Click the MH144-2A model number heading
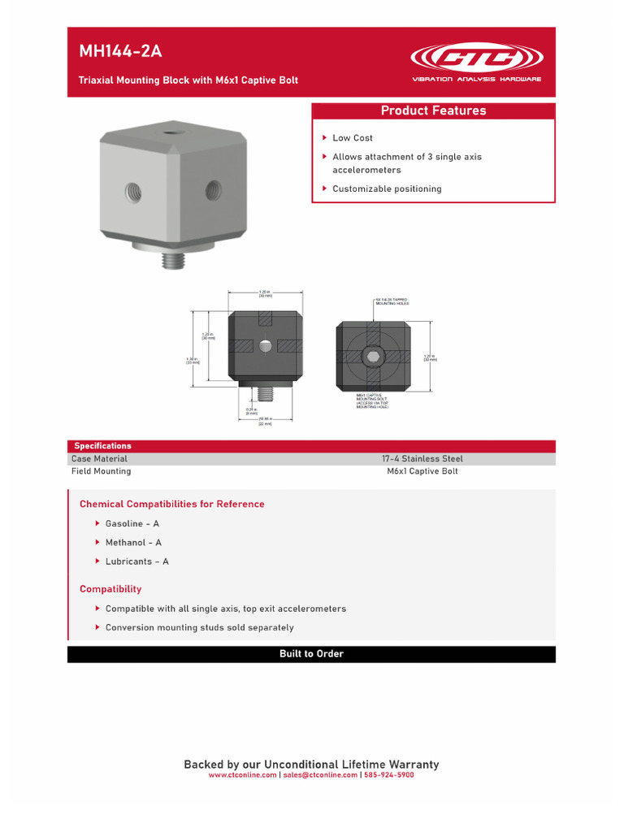tap(120, 52)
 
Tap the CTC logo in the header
tap(477, 58)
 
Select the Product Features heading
tap(433, 111)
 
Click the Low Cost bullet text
tap(353, 138)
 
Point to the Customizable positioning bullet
tap(387, 189)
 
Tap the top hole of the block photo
tap(171, 131)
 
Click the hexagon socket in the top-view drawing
tap(373, 357)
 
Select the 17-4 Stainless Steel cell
tap(422, 459)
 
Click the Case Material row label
tap(99, 459)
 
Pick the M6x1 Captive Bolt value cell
tap(422, 471)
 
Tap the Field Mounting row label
tap(101, 471)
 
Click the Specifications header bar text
tap(102, 446)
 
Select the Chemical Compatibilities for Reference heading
tap(171, 505)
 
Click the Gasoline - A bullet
tap(132, 524)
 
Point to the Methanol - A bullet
tap(133, 543)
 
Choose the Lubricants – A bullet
tap(137, 561)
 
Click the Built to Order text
tap(311, 654)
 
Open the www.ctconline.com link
tap(242, 775)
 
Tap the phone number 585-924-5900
tap(389, 775)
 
